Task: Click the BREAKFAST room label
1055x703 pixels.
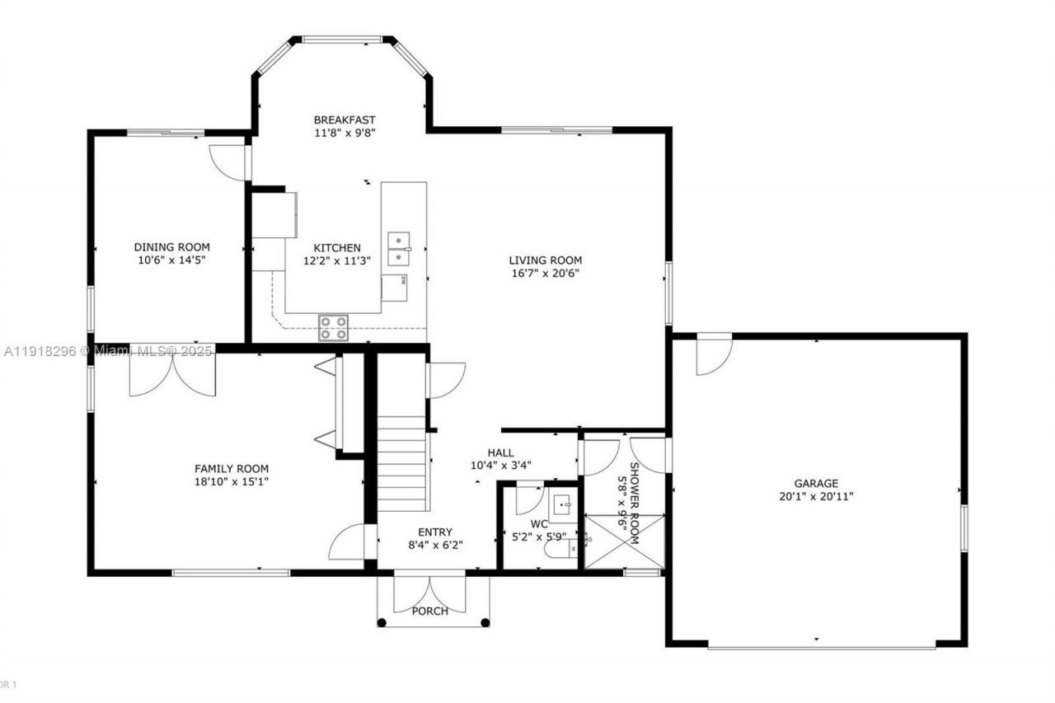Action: [x=345, y=120]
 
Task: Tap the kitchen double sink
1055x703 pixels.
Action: [x=400, y=249]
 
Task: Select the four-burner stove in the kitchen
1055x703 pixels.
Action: [x=334, y=328]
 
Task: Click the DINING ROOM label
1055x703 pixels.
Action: [x=172, y=246]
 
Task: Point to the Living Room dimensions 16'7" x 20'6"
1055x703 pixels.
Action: [x=545, y=274]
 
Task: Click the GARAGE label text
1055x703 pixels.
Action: [x=816, y=484]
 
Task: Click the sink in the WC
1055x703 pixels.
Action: [x=563, y=505]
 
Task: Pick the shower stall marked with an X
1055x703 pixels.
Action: [x=624, y=541]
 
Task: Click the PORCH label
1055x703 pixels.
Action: [x=430, y=611]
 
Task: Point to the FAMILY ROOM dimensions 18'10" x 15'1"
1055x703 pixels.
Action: [x=231, y=481]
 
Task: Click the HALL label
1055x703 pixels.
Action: [x=500, y=452]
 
